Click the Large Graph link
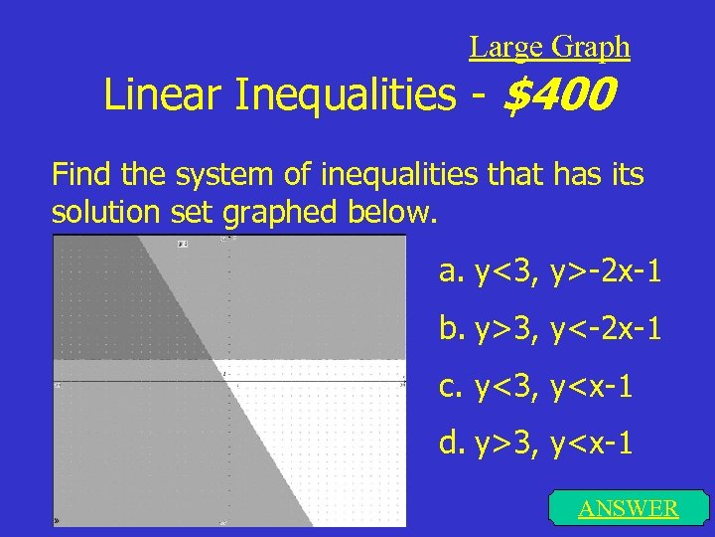point(549,47)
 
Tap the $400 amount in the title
point(560,96)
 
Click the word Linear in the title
point(165,96)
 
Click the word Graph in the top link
point(590,47)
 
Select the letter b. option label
point(452,327)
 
